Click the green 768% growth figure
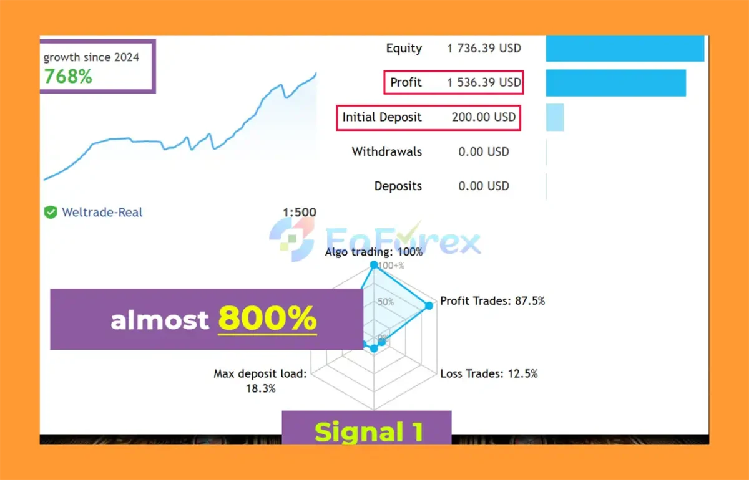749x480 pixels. coord(68,76)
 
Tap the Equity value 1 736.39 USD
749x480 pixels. coord(484,48)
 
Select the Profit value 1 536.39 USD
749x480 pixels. coord(484,82)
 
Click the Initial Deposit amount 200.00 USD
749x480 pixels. coord(484,117)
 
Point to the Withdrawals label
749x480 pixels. coord(386,151)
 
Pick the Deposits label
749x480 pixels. coord(398,186)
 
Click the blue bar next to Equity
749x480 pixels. coord(625,49)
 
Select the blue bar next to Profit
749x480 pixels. coord(616,83)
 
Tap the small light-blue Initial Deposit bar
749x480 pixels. coord(555,117)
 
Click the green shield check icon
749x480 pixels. coord(51,212)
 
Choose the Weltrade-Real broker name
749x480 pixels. coord(102,212)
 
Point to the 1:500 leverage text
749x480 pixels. coord(299,212)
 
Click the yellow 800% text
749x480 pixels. coord(267,318)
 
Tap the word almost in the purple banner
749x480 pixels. coord(160,320)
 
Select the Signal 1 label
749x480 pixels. coord(369,432)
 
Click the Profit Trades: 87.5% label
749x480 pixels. coord(492,300)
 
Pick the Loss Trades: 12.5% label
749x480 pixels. coord(489,373)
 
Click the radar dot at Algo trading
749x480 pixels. coord(374,265)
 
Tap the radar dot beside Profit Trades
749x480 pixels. coord(429,305)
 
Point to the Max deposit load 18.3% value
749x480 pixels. coord(260,388)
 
